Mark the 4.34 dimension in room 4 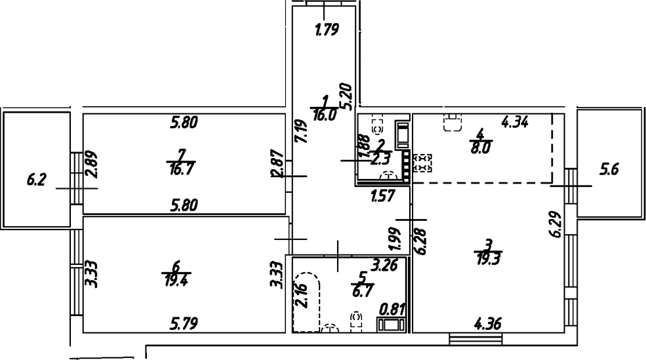tap(515, 122)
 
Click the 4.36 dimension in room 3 tap(489, 323)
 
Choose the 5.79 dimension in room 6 tap(184, 323)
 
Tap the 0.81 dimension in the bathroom tap(392, 307)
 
